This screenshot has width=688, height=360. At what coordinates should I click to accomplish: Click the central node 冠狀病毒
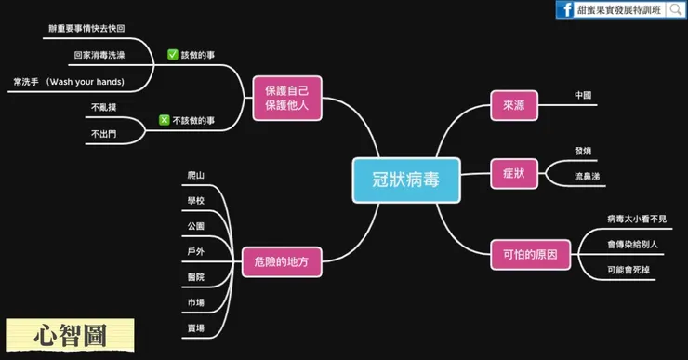[x=406, y=180]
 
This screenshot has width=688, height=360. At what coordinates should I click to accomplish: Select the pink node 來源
[x=513, y=106]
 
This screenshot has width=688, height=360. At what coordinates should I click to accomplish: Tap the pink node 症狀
[x=513, y=173]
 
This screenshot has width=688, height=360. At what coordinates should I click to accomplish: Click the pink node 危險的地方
[x=281, y=261]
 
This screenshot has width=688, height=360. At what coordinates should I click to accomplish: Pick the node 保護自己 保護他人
[x=286, y=98]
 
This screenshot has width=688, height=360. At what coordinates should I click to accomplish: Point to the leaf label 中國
[x=583, y=96]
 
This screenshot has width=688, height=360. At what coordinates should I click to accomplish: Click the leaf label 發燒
[x=583, y=150]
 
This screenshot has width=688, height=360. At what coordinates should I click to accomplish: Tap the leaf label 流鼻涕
[x=587, y=176]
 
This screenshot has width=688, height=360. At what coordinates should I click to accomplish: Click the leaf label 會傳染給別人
[x=631, y=245]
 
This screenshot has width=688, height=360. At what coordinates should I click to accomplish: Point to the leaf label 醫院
[x=195, y=277]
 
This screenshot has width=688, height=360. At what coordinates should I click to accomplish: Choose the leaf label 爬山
[x=195, y=175]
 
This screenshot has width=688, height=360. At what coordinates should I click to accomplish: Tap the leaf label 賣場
[x=195, y=328]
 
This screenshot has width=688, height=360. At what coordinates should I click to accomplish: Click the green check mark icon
[x=173, y=55]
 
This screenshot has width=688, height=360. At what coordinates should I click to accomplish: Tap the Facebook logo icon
[x=564, y=10]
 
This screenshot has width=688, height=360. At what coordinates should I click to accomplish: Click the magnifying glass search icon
[x=676, y=10]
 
